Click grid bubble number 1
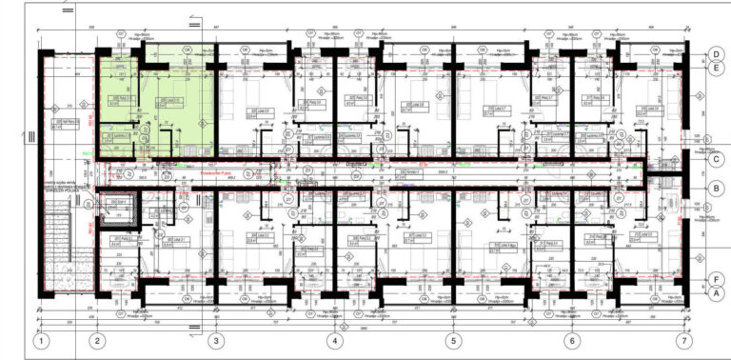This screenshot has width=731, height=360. click(41, 340)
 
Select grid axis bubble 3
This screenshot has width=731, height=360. click(216, 340)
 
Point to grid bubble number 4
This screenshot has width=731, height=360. click(335, 340)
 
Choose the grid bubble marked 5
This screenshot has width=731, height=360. click(453, 340)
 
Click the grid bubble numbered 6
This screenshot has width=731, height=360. click(572, 340)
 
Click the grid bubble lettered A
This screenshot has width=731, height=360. click(714, 294)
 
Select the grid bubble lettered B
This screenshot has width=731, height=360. click(714, 190)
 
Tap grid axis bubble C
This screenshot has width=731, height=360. click(714, 159)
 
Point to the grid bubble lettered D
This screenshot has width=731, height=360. click(714, 54)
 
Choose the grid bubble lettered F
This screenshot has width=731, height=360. click(714, 280)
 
